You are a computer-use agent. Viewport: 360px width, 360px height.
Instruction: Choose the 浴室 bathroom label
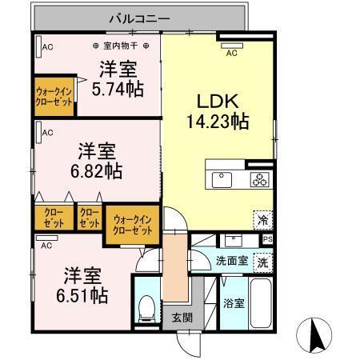point(233,305)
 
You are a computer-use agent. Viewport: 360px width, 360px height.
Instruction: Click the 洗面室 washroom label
point(230,262)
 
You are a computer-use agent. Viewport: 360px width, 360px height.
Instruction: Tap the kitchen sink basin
point(222,177)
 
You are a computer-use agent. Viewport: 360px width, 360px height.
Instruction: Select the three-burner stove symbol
point(261,178)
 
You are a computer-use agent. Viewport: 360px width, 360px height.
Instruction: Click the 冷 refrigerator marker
point(262,217)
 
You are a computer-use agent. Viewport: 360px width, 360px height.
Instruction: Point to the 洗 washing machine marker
point(262,262)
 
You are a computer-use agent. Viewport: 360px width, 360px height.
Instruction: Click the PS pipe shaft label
point(267,238)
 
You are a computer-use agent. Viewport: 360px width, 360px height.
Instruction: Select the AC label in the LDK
point(231,54)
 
